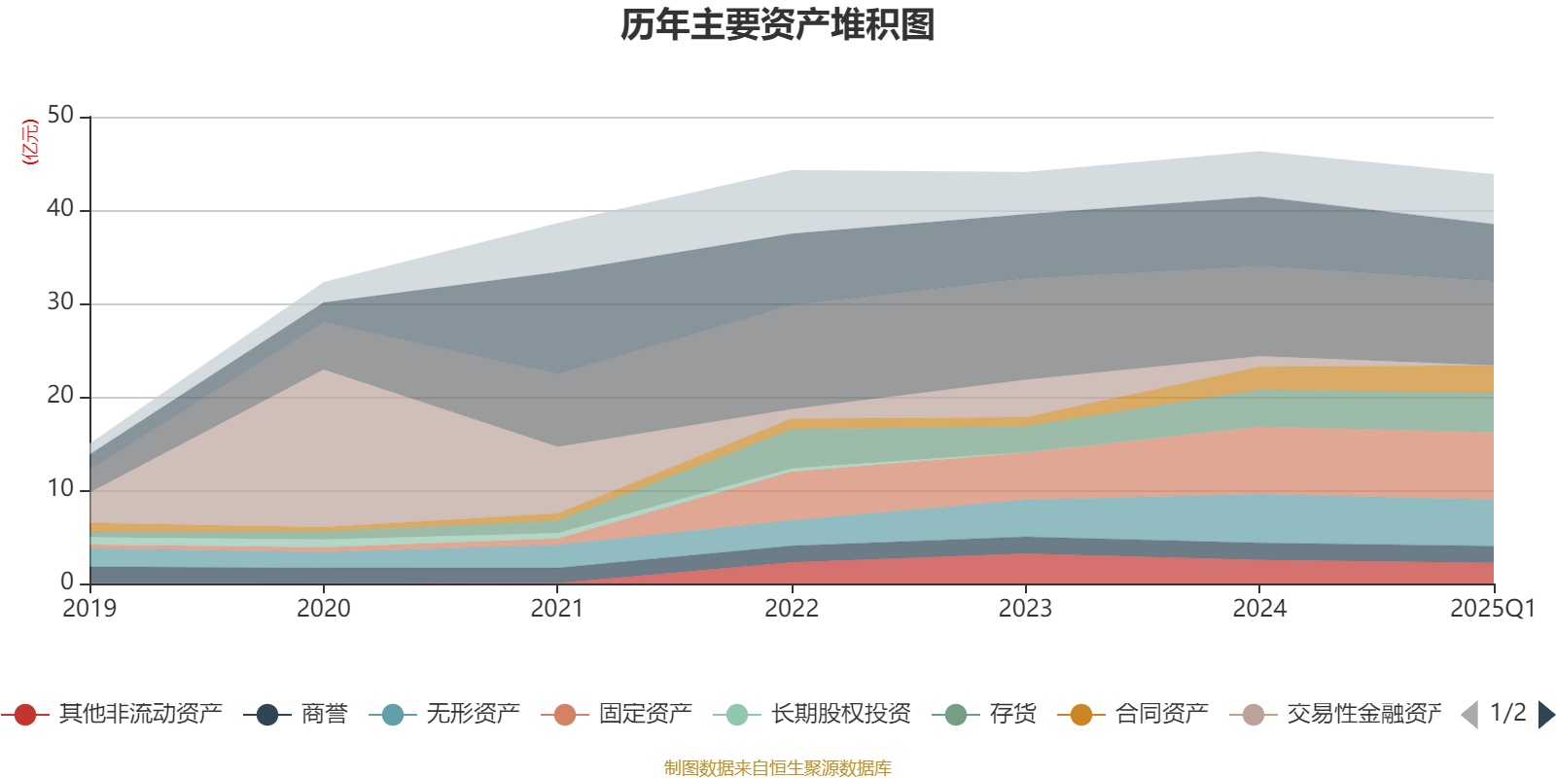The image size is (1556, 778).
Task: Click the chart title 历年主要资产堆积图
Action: click(778, 25)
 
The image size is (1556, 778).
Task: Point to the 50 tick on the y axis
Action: click(60, 116)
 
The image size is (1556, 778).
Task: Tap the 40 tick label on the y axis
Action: click(60, 208)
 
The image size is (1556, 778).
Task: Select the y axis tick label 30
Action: click(60, 302)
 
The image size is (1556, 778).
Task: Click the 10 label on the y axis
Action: click(60, 489)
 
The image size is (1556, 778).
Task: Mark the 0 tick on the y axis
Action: click(66, 582)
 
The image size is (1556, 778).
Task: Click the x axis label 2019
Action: click(89, 609)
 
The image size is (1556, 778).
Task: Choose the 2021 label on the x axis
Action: click(556, 609)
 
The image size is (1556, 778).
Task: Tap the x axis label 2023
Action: click(1025, 609)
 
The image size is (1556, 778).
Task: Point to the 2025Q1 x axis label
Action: click(1492, 609)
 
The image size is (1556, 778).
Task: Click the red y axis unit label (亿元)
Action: click(30, 142)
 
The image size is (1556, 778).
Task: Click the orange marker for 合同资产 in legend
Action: click(1081, 715)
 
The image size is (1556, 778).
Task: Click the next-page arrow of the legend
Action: click(1545, 715)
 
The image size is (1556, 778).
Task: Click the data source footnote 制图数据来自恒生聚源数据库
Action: click(778, 768)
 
